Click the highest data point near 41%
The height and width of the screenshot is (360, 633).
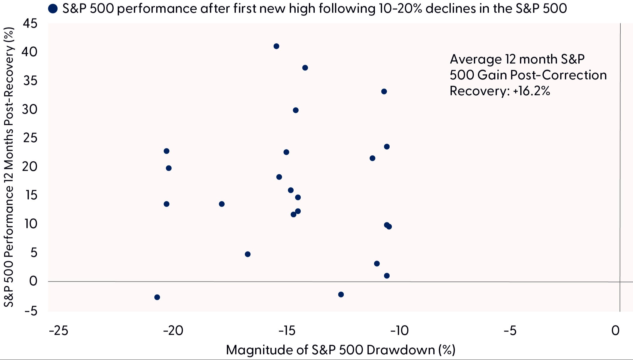(276, 46)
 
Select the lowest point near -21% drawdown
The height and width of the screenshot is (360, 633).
(157, 297)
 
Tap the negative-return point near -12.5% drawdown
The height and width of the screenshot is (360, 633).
(341, 294)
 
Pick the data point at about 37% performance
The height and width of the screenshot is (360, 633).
(305, 68)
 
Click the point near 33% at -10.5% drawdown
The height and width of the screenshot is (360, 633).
(384, 92)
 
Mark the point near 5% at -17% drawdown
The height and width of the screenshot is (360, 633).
(248, 254)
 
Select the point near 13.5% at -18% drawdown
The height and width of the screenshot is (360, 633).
(222, 204)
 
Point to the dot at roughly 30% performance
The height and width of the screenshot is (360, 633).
(296, 110)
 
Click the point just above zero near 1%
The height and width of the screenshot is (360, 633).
(387, 276)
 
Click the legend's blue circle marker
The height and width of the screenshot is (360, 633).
(53, 9)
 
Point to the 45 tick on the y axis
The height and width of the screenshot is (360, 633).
(30, 23)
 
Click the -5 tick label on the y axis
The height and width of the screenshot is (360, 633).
(31, 311)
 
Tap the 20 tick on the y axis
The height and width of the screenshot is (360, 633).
(30, 167)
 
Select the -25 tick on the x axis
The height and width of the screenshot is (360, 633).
(59, 331)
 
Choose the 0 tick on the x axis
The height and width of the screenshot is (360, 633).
(615, 331)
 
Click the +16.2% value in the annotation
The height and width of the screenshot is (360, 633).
(532, 91)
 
